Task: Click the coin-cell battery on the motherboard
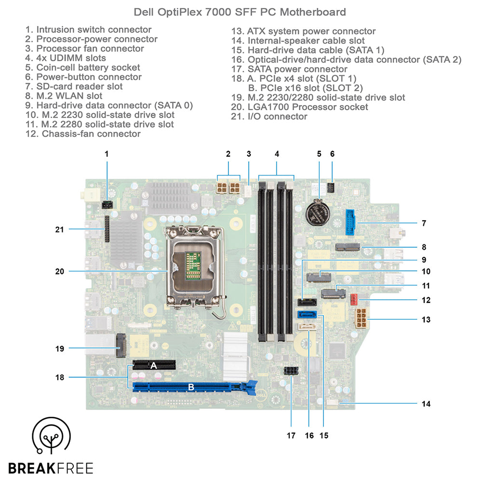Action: (319, 212)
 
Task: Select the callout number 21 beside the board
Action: (60, 229)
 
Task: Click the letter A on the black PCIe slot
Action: (154, 365)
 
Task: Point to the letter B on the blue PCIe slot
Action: (191, 387)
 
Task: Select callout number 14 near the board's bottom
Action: (426, 403)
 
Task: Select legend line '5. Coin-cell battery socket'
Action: (83, 67)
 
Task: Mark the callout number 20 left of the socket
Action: (60, 271)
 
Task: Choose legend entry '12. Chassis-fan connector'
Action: (83, 134)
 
